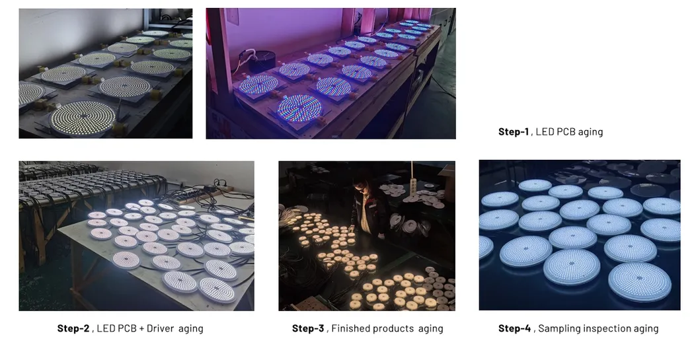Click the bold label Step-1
[514, 131]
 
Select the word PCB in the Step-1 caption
[566, 131]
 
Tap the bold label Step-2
[73, 328]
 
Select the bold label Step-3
[308, 328]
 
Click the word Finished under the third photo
[350, 328]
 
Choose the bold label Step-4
[514, 328]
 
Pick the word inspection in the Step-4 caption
[604, 328]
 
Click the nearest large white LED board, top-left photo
[83, 118]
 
